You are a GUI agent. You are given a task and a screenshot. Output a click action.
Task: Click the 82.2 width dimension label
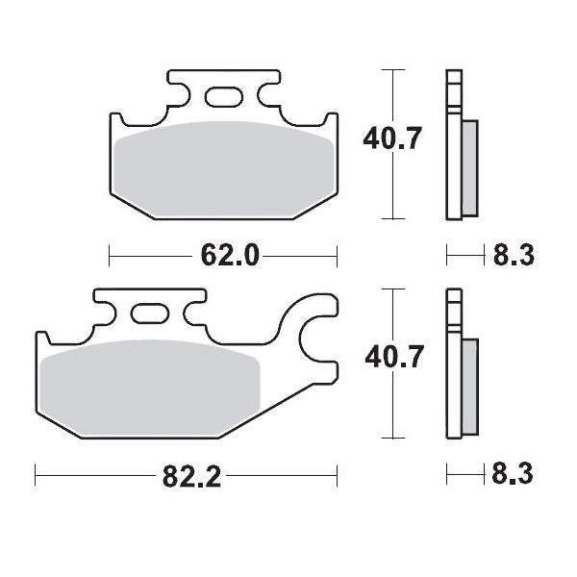(x=187, y=474)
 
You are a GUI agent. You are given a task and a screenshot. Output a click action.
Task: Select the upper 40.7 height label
(x=392, y=140)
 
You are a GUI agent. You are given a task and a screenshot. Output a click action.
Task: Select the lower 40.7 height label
(x=392, y=359)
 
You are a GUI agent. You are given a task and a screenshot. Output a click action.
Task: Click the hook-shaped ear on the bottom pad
(x=313, y=337)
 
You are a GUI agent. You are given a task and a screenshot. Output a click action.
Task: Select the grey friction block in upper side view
(x=468, y=168)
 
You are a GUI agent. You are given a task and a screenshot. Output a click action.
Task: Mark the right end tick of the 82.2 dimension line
(x=338, y=474)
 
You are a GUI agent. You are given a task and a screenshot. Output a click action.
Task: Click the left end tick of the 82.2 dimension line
(x=36, y=474)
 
